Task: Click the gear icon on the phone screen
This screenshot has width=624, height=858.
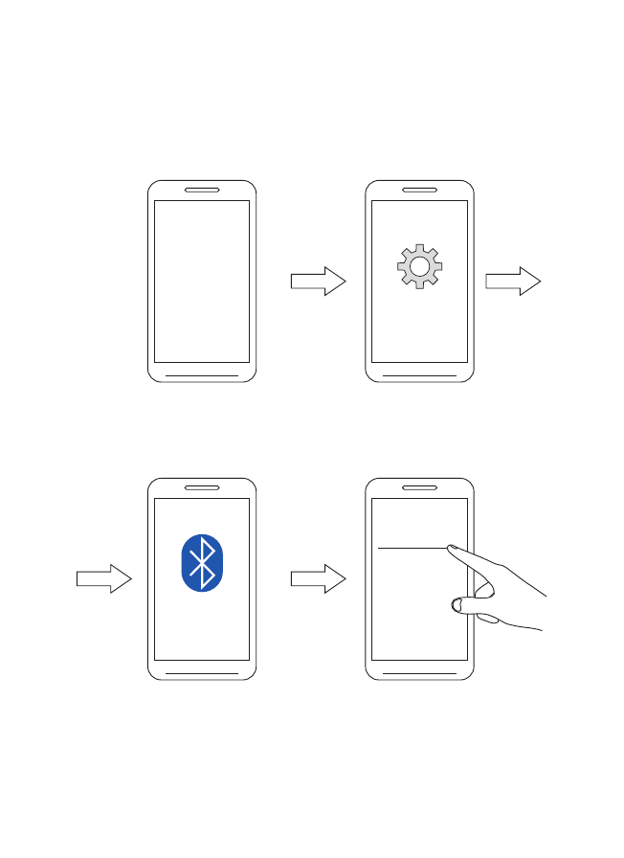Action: tap(418, 267)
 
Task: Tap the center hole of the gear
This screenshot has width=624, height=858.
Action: tap(418, 268)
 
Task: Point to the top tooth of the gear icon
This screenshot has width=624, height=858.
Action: tap(418, 249)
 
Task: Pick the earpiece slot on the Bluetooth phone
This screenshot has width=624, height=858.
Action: tap(202, 487)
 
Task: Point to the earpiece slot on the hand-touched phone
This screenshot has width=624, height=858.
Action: tap(419, 487)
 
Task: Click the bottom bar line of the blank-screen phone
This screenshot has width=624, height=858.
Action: tap(202, 374)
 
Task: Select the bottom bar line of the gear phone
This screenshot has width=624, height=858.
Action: tap(419, 374)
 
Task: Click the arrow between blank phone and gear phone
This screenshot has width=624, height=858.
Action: tap(318, 281)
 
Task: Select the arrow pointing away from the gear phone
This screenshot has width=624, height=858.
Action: tap(513, 281)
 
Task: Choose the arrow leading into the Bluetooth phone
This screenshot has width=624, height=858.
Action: tap(103, 578)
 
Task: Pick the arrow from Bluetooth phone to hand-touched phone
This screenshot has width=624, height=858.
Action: tap(318, 578)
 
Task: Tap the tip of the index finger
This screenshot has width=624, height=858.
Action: tap(451, 550)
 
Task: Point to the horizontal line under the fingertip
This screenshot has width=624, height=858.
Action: tap(412, 548)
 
